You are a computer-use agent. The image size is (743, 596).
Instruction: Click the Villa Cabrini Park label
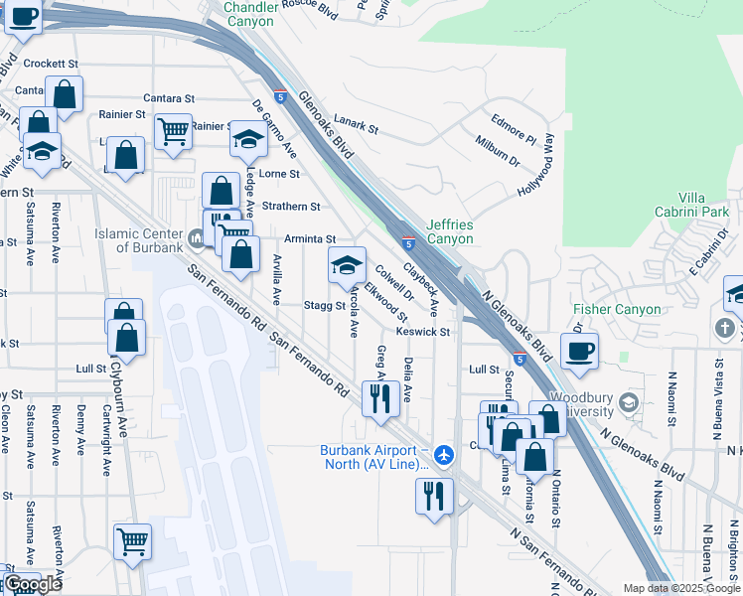click(691, 205)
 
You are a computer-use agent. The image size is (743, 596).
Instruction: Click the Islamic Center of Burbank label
click(139, 239)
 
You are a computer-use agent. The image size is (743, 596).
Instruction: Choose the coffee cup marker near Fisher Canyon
click(579, 350)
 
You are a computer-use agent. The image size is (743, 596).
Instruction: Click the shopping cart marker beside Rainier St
click(173, 129)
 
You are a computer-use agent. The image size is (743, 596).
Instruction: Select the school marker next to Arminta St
click(347, 265)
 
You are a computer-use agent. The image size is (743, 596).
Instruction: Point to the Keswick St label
click(423, 332)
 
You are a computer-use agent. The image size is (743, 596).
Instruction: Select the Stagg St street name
click(324, 306)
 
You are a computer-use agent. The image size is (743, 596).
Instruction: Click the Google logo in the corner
click(33, 584)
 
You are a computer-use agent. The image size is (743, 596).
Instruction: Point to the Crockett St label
click(51, 63)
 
